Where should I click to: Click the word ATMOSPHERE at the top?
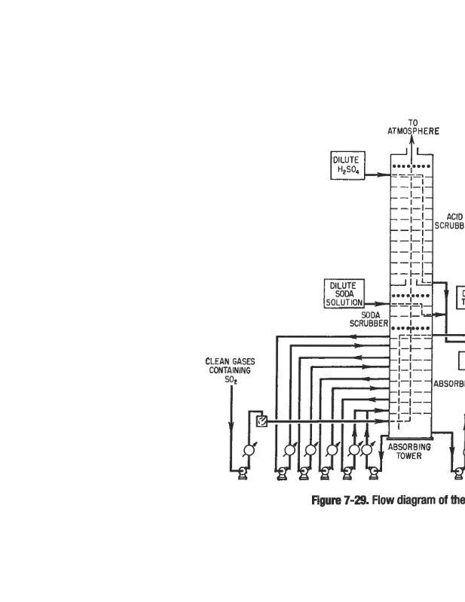pyautogui.click(x=414, y=130)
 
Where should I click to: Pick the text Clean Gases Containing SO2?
pyautogui.click(x=230, y=370)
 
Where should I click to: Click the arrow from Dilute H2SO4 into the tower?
pyautogui.click(x=377, y=175)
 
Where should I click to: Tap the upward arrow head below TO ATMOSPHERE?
pyautogui.click(x=412, y=140)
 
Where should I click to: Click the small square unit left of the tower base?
pyautogui.click(x=262, y=421)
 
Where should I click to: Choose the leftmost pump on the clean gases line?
pyautogui.click(x=243, y=472)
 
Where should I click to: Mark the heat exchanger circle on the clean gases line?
pyautogui.click(x=249, y=450)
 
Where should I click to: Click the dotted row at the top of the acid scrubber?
pyautogui.click(x=411, y=166)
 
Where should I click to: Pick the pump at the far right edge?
pyautogui.click(x=457, y=472)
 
